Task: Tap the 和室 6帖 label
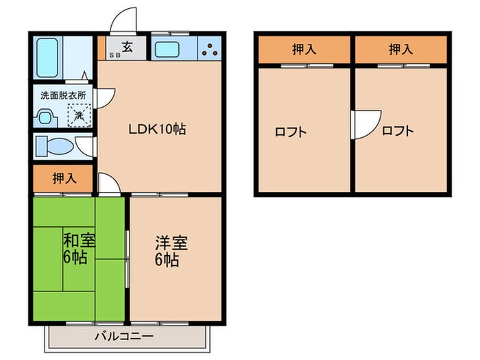coord(80,249)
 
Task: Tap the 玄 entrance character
coord(128,47)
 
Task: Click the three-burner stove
coord(210,49)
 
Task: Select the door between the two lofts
coord(363,125)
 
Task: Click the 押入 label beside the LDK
coord(64,179)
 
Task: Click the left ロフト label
coord(291,132)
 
